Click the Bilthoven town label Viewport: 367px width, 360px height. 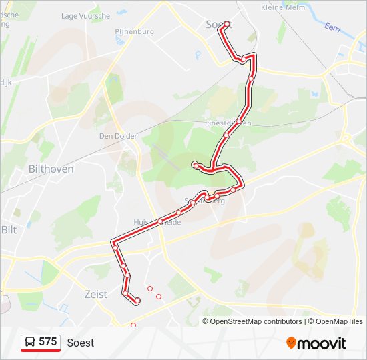point(51,169)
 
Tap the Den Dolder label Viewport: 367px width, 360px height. point(118,136)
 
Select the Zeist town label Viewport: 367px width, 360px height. point(96,294)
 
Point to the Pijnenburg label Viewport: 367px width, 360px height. point(134,31)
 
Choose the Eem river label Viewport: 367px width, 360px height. point(331,27)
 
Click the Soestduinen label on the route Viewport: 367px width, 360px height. point(229,123)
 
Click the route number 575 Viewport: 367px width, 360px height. point(47,342)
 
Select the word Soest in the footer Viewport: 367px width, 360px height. point(81,343)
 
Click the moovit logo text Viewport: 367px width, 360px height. point(322,343)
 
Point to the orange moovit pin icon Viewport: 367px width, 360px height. point(291,343)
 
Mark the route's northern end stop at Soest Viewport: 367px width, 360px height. point(228,24)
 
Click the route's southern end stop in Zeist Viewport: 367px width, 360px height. point(137,301)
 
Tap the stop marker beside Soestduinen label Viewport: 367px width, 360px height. point(238,121)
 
